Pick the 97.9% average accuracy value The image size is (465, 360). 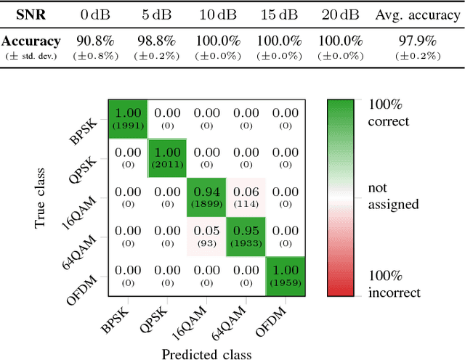pos(411,41)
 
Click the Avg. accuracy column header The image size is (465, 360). pos(411,15)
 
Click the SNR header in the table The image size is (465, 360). pos(31,15)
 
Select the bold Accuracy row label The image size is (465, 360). pos(31,41)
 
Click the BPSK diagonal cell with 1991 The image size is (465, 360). pos(128,118)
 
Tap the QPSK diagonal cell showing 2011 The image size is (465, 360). pos(167,157)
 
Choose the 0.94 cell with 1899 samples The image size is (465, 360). pos(206,197)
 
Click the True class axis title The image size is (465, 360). pos(41,197)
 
